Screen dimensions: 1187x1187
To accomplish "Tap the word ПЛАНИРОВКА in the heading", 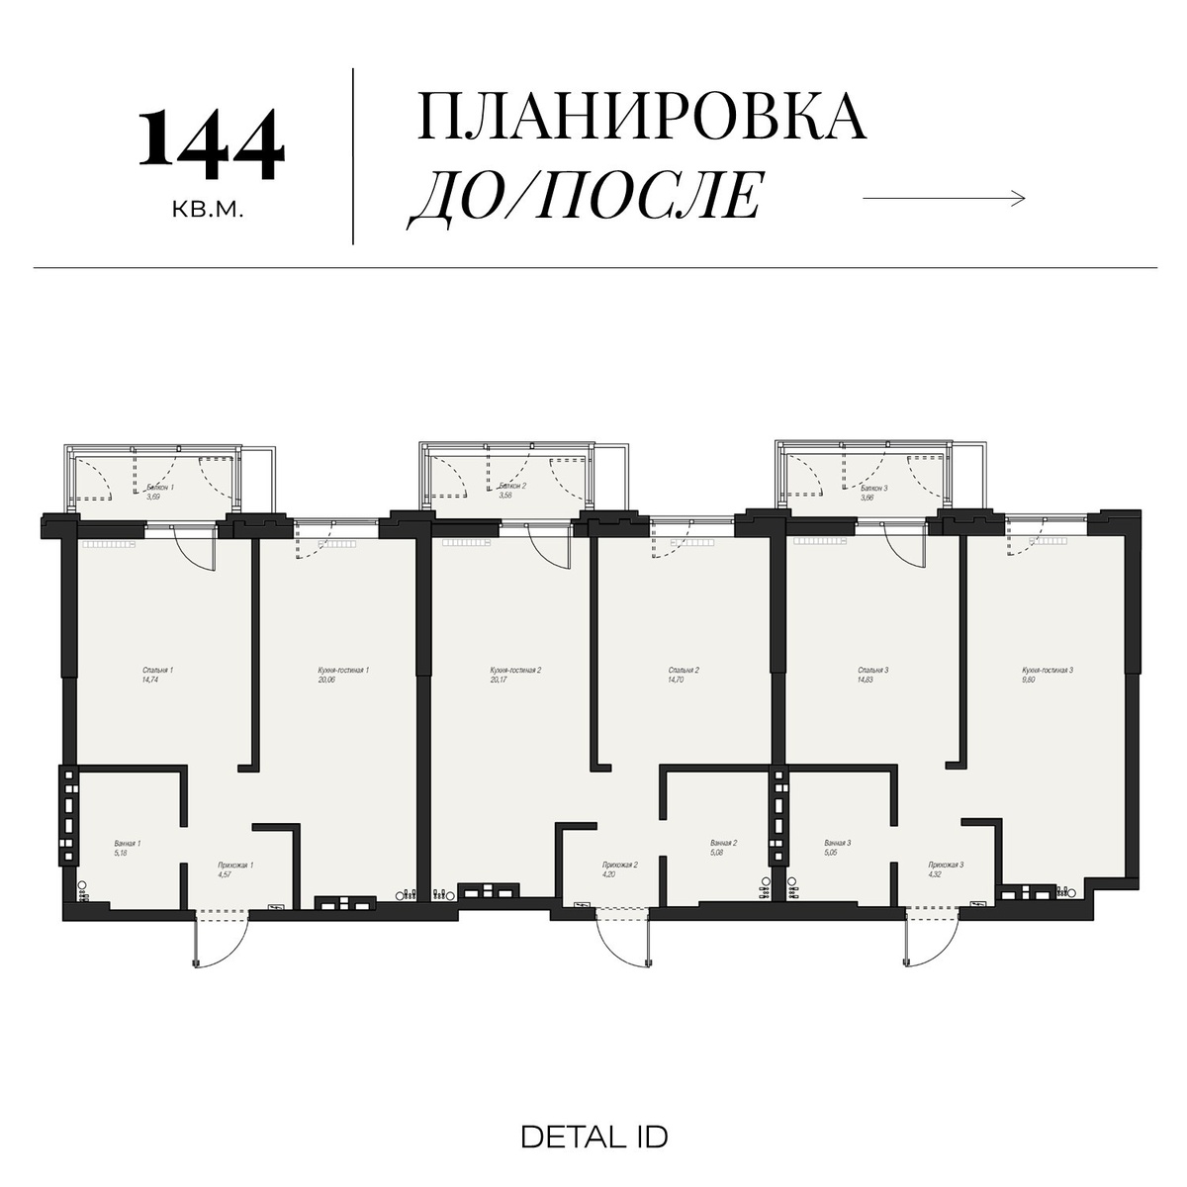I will click(642, 118).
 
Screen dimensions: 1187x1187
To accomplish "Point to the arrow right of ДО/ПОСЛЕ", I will click(944, 199).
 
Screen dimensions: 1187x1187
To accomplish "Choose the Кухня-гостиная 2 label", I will click(515, 670).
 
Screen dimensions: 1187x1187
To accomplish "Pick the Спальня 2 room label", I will click(684, 670).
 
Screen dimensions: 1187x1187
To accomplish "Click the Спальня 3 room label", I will click(872, 670).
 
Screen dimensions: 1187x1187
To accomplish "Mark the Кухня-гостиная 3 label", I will click(1048, 670).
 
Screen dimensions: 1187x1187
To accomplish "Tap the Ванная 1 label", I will click(128, 844).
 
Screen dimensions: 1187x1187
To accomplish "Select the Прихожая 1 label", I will click(235, 866).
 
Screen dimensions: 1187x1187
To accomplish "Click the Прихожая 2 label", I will click(619, 866).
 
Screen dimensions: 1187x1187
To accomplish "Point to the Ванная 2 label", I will click(724, 844).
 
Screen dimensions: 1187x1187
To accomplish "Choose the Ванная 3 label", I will click(838, 844).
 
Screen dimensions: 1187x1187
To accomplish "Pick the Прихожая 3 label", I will click(946, 866).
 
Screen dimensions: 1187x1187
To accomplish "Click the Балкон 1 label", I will click(159, 488).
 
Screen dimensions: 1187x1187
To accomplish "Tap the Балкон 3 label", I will click(873, 488).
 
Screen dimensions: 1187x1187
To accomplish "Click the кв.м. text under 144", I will click(207, 211).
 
